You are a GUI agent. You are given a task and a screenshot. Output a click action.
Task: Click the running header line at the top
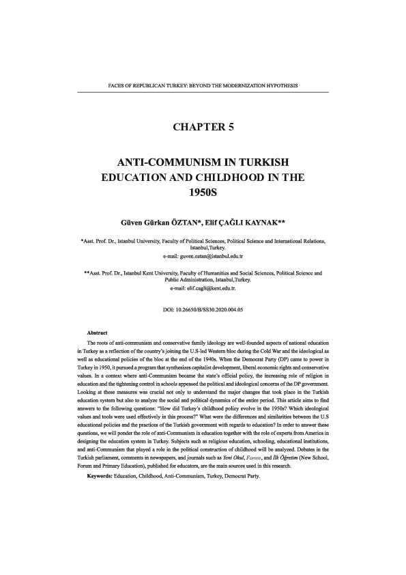pyautogui.click(x=203, y=86)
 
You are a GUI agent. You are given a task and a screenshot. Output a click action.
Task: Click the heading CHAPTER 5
pyautogui.click(x=203, y=127)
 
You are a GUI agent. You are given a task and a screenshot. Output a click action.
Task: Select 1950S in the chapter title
pyautogui.click(x=203, y=193)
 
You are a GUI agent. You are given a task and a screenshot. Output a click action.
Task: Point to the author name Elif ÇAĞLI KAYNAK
pyautogui.click(x=242, y=222)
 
